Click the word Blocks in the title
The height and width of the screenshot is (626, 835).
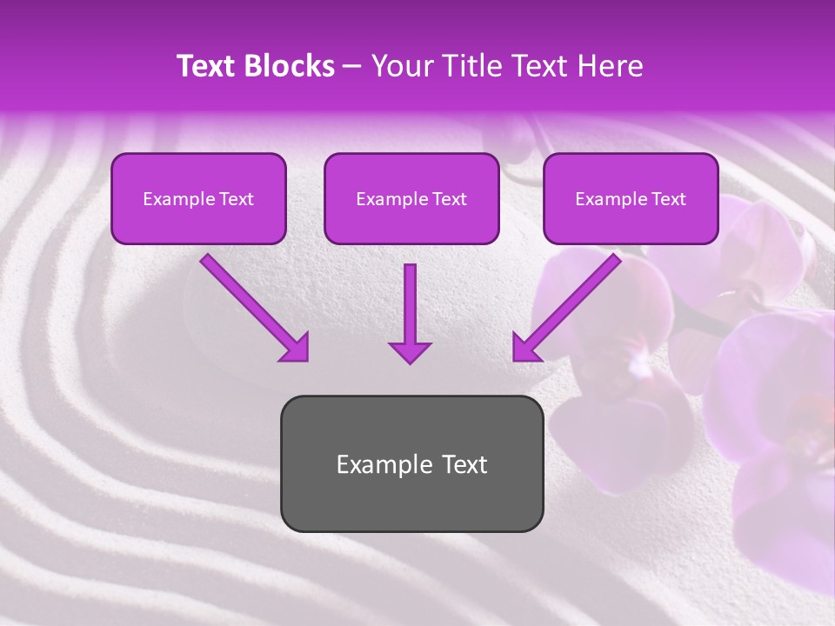pos(291,66)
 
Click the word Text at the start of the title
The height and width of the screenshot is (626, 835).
pos(206,66)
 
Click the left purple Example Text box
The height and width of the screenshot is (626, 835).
pos(198,199)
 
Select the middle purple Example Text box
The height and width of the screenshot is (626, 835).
pos(411,199)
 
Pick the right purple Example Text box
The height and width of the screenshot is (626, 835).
pos(631,199)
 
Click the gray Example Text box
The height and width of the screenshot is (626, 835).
pos(411,463)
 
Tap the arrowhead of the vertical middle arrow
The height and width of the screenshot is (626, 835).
pos(410,351)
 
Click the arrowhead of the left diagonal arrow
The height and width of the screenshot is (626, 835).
pos(296,348)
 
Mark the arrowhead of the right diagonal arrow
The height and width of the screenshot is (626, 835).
pos(525,348)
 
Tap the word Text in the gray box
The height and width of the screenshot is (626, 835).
pos(464,464)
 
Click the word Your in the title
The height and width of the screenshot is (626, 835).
pos(400,66)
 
